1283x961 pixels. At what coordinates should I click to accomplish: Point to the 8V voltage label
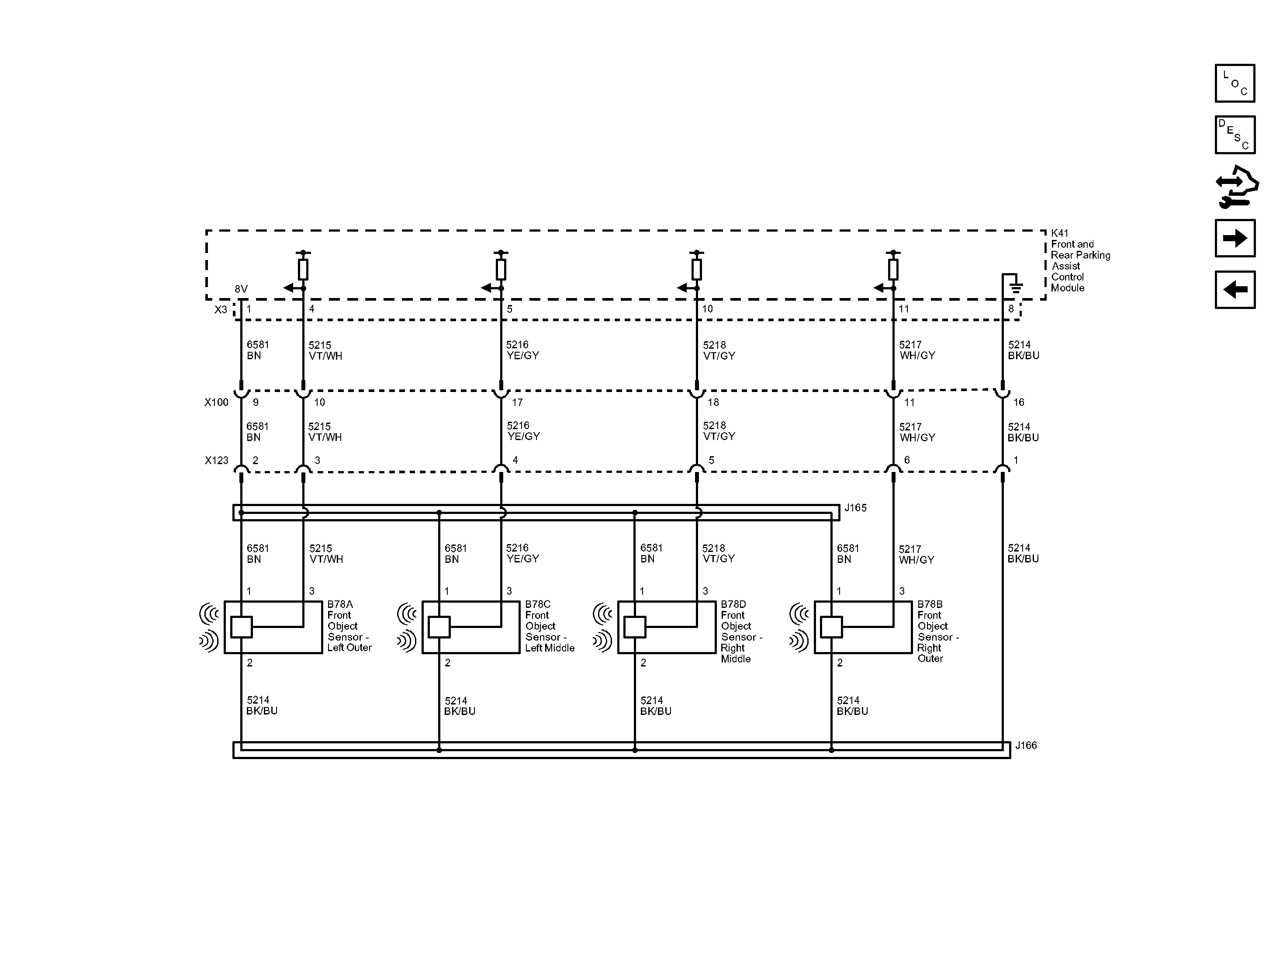[x=241, y=289]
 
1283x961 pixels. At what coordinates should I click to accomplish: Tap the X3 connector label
[x=221, y=310]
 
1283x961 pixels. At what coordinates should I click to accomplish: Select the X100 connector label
[x=216, y=402]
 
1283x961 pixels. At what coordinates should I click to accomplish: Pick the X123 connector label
[x=216, y=460]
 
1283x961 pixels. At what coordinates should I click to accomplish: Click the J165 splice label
[x=855, y=508]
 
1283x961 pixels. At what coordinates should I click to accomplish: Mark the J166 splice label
[x=1025, y=745]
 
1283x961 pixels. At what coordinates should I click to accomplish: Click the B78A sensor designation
[x=340, y=604]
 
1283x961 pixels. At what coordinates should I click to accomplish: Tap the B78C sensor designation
[x=538, y=604]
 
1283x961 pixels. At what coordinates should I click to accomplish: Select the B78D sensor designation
[x=733, y=604]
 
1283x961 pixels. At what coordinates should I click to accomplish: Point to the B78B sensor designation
[x=930, y=604]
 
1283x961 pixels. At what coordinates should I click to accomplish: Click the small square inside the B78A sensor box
[x=241, y=627]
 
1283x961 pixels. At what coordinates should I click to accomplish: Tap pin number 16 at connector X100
[x=1019, y=402]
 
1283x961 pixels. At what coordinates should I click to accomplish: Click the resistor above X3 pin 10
[x=697, y=270]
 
